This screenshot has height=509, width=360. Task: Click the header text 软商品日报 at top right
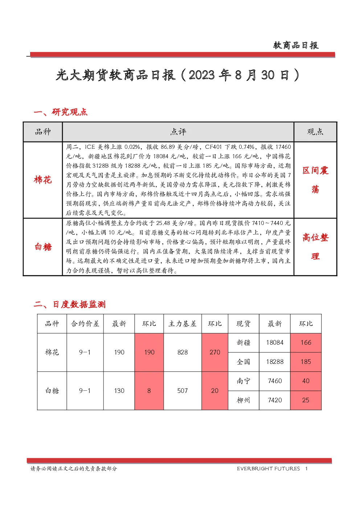[x=296, y=45]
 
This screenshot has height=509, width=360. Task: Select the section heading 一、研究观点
[x=61, y=112]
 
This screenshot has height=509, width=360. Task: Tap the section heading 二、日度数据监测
[x=70, y=304]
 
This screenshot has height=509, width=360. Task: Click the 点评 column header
[x=178, y=132]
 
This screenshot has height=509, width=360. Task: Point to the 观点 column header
[x=315, y=132]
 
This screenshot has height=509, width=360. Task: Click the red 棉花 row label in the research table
[x=43, y=180]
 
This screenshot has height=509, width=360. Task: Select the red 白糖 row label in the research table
[x=43, y=247]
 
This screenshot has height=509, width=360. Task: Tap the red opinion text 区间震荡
[x=315, y=180]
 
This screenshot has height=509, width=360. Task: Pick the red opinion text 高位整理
[x=315, y=247]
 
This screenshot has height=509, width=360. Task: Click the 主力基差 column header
[x=182, y=324]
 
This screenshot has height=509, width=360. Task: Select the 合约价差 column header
[x=85, y=324]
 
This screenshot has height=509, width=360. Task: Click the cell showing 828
[x=183, y=352]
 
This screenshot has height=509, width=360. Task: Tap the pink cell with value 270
[x=215, y=352]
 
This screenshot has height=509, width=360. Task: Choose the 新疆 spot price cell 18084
[x=275, y=343]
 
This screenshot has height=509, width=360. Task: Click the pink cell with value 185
[x=306, y=362]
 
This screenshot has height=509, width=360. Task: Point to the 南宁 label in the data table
[x=244, y=381]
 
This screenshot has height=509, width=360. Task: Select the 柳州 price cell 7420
[x=275, y=400]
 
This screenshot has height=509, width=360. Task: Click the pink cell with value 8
[x=149, y=391]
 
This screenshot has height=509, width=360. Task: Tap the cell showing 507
[x=182, y=391]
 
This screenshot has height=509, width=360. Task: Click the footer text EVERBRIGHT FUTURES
[x=269, y=469]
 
